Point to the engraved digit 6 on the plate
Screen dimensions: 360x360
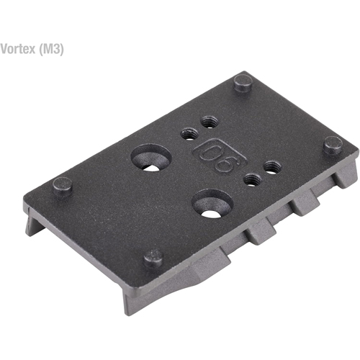point(225,163)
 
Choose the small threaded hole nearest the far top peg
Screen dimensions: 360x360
point(210,123)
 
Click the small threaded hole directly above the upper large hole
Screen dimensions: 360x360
point(190,132)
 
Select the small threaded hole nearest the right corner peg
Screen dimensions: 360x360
point(272,167)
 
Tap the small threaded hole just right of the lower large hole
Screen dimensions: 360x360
point(252,179)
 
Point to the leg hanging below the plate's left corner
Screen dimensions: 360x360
point(35,225)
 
